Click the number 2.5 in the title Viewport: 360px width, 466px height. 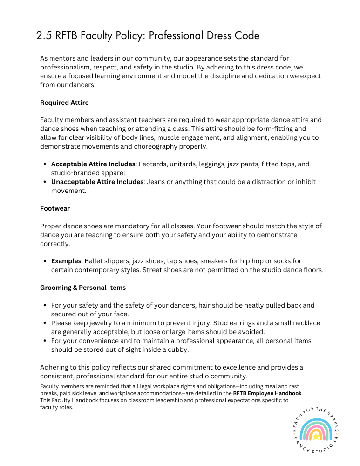click(44, 36)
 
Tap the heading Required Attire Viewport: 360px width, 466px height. click(64, 103)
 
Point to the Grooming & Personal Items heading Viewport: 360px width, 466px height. click(83, 288)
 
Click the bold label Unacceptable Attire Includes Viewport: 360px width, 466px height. click(97, 182)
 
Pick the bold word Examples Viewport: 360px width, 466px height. click(66, 261)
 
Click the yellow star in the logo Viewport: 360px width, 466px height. click(316, 437)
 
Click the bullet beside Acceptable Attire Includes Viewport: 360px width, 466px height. click(44, 164)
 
